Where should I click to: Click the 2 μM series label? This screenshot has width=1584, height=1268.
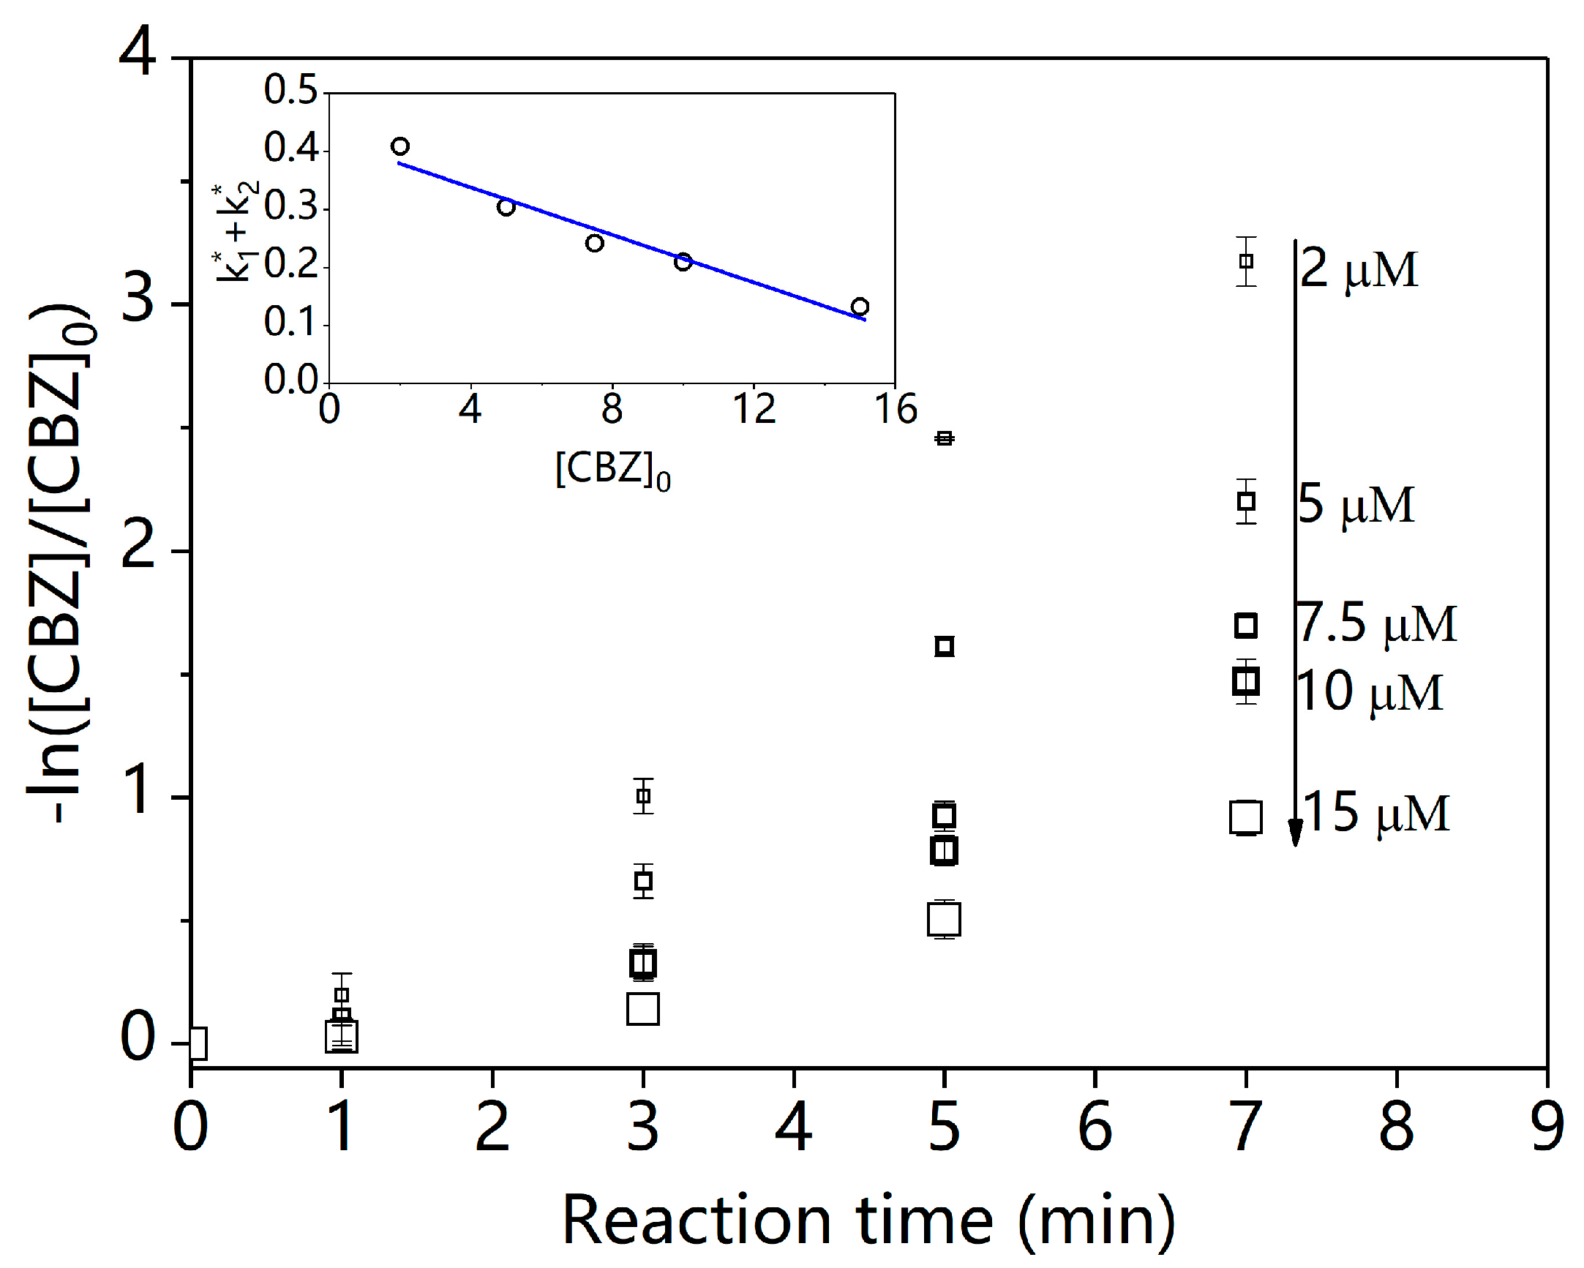(1358, 269)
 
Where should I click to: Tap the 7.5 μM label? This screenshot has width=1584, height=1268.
(1376, 623)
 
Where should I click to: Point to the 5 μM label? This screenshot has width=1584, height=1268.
(1356, 505)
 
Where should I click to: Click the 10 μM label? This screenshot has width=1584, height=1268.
(1369, 691)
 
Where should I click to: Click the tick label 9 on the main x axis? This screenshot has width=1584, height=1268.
(1547, 1128)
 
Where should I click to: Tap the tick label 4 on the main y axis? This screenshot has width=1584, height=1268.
(138, 53)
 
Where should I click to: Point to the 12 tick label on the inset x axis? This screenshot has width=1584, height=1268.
(754, 408)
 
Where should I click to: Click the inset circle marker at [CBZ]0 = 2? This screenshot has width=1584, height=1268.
(399, 146)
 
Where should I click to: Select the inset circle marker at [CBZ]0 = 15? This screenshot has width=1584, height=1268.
(860, 307)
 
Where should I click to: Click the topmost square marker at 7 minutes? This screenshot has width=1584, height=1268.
(1245, 260)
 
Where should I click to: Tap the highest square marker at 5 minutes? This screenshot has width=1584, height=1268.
(944, 438)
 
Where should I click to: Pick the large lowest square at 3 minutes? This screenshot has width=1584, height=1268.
(643, 1009)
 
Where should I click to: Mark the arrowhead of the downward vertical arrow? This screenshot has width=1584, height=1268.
(1295, 833)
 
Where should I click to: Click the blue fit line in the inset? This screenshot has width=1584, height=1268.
(632, 239)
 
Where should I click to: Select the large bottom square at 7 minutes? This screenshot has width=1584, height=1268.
(1245, 817)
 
